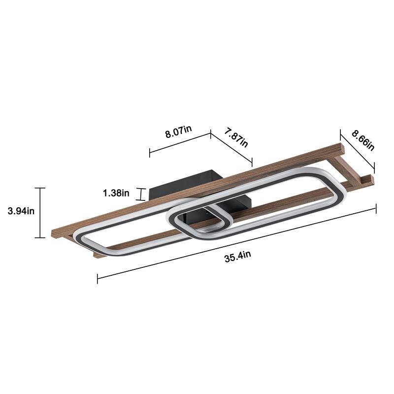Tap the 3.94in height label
pyautogui.click(x=21, y=212)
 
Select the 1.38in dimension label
pyautogui.click(x=116, y=193)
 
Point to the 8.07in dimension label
pyautogui.click(x=178, y=131)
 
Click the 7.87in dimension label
pyautogui.click(x=236, y=140)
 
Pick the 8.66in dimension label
pyautogui.click(x=363, y=139)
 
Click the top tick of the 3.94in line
pyautogui.click(x=40, y=188)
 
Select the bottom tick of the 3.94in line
pyautogui.click(x=40, y=237)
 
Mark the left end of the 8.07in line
pyautogui.click(x=150, y=152)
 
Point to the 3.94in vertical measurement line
pyautogui.click(x=40, y=213)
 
